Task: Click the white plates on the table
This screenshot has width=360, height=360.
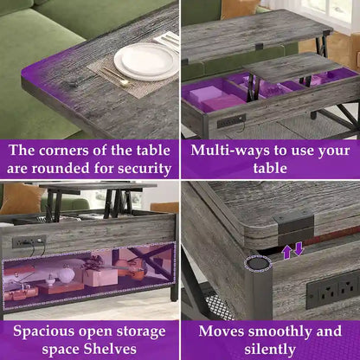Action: pos(146,61)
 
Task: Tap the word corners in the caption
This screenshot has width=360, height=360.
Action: pos(63,151)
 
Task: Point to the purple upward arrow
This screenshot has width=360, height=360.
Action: pos(286,252)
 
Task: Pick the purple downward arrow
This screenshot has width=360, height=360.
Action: pos(299,249)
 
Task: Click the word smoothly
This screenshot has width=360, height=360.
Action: pos(280,331)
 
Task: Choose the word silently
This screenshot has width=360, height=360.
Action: pos(270,349)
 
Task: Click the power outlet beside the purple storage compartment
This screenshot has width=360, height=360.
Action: pos(231,121)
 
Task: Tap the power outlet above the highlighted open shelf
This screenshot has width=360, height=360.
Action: pos(29,241)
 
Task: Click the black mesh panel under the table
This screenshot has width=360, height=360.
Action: pos(220,306)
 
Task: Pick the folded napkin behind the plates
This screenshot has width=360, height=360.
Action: pos(167,41)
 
